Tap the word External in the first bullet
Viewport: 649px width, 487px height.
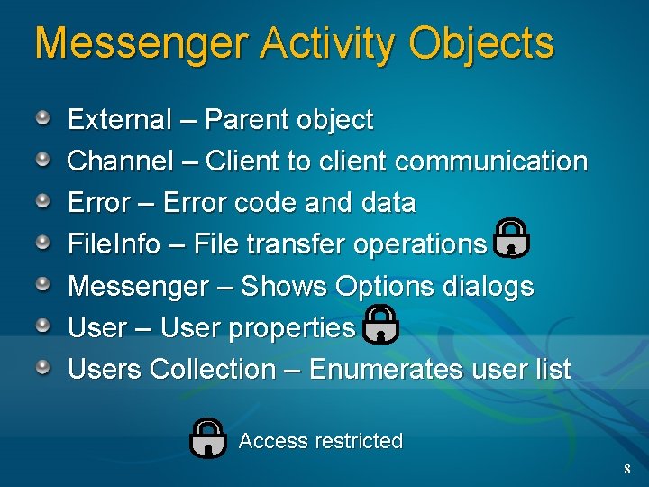(120, 119)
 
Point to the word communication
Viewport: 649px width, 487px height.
(491, 161)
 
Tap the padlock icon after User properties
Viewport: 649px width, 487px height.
(380, 323)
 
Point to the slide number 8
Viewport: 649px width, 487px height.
(627, 470)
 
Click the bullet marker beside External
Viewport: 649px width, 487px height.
(43, 118)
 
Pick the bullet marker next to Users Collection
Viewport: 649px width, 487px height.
(43, 368)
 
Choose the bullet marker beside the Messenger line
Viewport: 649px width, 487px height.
(43, 285)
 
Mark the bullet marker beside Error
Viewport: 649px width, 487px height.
(43, 201)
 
